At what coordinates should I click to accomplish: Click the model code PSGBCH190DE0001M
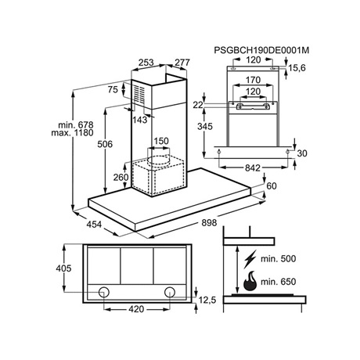coord(261,50)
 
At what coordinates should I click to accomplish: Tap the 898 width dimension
coord(209,222)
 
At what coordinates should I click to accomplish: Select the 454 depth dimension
coord(94,224)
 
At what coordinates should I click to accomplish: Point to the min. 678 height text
coord(76,124)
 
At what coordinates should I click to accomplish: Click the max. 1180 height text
coord(72,133)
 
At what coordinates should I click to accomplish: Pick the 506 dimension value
coord(105,144)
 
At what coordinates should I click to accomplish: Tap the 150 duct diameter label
coord(161,141)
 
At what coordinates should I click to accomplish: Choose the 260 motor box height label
coord(121,178)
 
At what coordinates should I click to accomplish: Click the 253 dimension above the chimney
coord(146,63)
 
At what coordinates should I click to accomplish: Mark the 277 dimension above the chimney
coord(182,63)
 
